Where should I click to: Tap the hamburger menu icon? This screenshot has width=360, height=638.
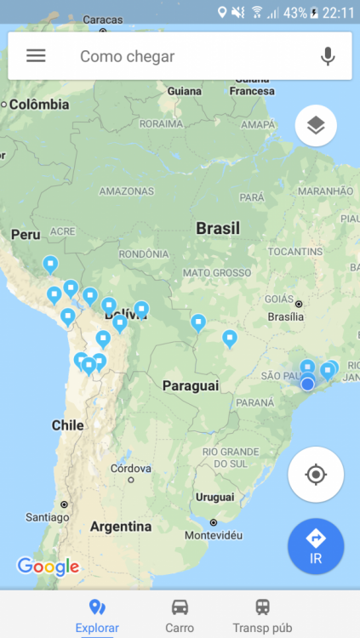(x=36, y=56)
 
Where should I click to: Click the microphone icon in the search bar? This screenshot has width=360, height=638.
(x=328, y=56)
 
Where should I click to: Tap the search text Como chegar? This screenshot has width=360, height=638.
(x=127, y=56)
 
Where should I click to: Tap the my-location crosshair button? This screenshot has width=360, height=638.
(x=316, y=474)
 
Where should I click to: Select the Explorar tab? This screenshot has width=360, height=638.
(x=97, y=615)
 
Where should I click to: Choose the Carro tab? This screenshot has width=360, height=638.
(x=180, y=615)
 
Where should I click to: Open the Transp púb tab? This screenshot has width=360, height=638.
(x=263, y=615)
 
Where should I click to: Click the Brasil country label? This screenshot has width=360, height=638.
(x=218, y=228)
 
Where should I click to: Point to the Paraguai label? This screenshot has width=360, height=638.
(x=191, y=385)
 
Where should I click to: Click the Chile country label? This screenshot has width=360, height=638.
(x=67, y=424)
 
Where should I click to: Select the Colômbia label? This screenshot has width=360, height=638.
(x=38, y=105)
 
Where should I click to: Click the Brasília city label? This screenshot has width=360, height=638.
(x=285, y=316)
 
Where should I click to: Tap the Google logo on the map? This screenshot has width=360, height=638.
(x=48, y=567)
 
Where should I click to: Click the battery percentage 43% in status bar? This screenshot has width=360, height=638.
(x=294, y=13)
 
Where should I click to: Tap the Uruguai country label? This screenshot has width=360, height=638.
(x=214, y=496)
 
